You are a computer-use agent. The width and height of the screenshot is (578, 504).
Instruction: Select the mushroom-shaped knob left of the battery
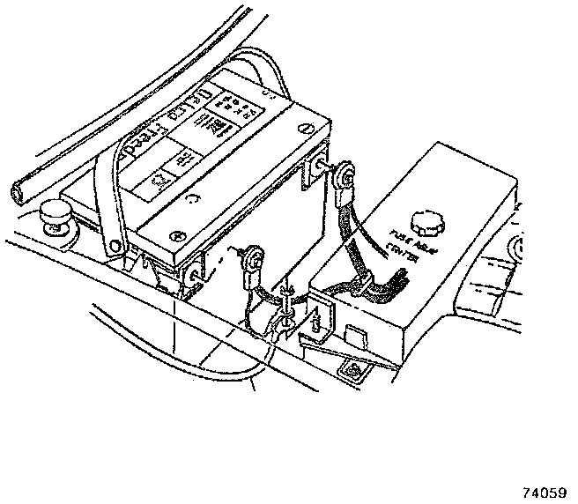pos(56,213)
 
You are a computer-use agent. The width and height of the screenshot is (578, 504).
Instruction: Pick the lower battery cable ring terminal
pos(255,258)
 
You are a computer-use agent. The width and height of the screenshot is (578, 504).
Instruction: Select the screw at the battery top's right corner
pos(304,129)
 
